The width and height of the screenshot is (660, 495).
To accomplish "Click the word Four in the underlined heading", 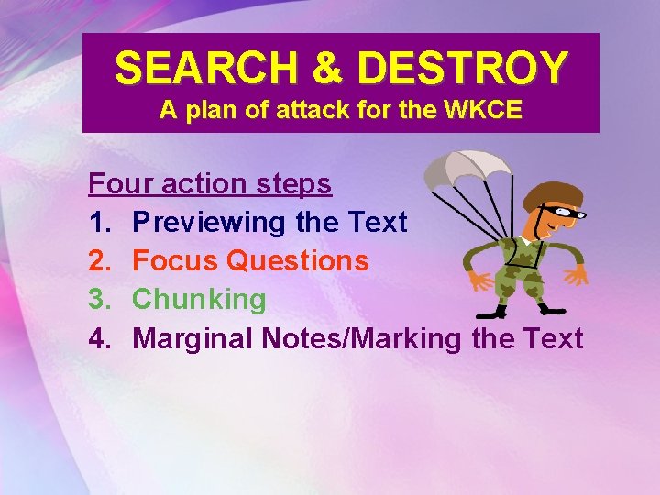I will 121,184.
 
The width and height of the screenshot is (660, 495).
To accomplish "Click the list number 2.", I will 99,261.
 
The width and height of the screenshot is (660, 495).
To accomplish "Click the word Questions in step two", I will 297,261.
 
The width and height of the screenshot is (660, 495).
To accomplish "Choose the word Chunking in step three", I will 199,300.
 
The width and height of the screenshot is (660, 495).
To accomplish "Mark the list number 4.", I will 99,338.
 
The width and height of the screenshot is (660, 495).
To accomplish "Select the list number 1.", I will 99,223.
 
